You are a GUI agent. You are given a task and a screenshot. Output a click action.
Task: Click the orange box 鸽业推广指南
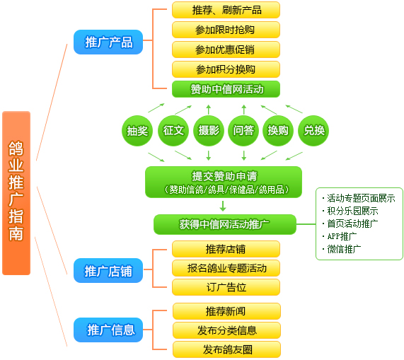pyautogui.click(x=16, y=193)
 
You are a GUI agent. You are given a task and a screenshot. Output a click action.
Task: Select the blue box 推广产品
pyautogui.click(x=108, y=42)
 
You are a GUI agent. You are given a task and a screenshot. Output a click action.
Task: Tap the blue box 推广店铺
pyautogui.click(x=108, y=270)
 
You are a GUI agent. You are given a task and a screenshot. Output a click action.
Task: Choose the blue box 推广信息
pyautogui.click(x=108, y=330)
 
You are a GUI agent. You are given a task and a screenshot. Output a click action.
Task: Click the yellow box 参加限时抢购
pyautogui.click(x=226, y=30)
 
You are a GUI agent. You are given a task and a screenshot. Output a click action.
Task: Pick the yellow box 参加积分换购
pyautogui.click(x=226, y=69)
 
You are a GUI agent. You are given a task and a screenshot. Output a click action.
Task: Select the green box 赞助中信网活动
pyautogui.click(x=226, y=89)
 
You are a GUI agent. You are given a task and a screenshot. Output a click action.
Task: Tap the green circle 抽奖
pyautogui.click(x=137, y=131)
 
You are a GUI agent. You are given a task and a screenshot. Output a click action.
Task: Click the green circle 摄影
pyautogui.click(x=209, y=131)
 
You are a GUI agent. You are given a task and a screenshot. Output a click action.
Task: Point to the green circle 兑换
pyautogui.click(x=313, y=131)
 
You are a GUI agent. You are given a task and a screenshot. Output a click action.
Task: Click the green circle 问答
pyautogui.click(x=243, y=131)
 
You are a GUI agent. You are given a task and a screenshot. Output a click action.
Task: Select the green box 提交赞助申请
pyautogui.click(x=224, y=182)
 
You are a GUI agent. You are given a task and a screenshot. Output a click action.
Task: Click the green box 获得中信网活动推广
pyautogui.click(x=225, y=224)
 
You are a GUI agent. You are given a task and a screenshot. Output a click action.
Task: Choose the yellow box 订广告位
pyautogui.click(x=226, y=287)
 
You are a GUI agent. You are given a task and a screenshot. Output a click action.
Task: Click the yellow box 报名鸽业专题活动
pyautogui.click(x=226, y=268)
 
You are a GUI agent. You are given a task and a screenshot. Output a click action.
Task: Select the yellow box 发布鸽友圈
pyautogui.click(x=226, y=349)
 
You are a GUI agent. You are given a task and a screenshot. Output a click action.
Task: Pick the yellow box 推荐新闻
pyautogui.click(x=226, y=311)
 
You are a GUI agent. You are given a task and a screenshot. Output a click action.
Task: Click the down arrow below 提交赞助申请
pyautogui.click(x=223, y=206)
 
